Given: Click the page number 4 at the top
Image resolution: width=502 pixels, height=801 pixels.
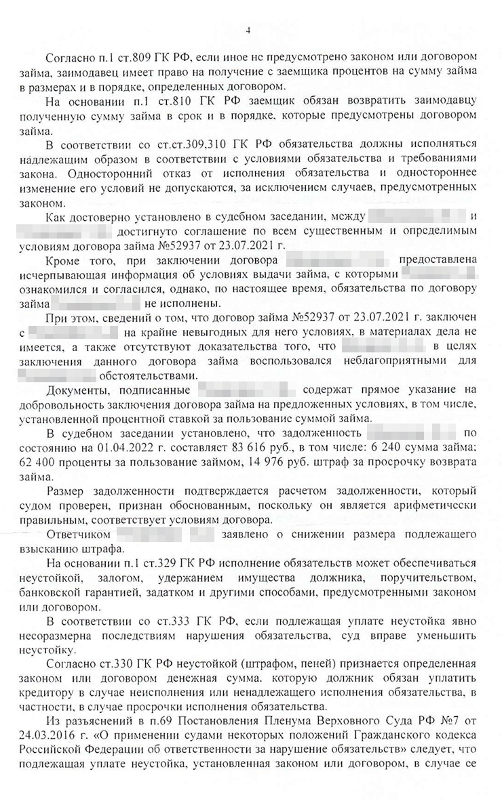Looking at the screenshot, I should (248, 30).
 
